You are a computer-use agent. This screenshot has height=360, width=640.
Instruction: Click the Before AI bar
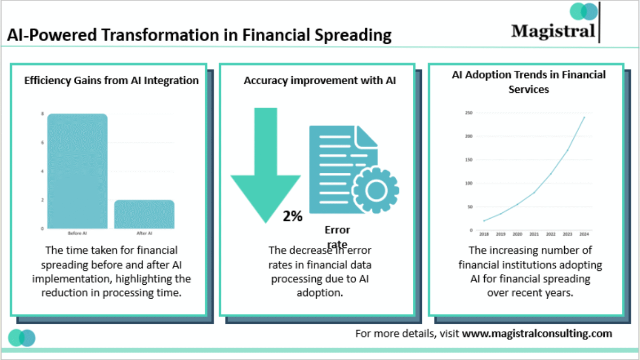coord(77,171)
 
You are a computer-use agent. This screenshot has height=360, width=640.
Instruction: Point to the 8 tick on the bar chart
coord(43,114)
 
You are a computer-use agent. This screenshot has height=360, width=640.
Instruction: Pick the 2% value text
coord(293,216)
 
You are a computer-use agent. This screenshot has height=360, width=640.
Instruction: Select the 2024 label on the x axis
coord(584,234)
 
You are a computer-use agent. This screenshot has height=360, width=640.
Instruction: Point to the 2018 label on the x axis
coord(484,234)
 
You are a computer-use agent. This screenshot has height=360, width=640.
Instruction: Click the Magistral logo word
coord(553,30)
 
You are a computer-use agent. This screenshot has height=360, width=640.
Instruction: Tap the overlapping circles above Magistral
coord(583,11)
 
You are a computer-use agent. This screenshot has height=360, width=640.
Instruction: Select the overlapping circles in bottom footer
coord(22,338)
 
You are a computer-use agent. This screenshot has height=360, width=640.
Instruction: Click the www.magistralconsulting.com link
coord(537,334)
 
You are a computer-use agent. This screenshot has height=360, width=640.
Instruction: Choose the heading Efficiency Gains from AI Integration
coord(111,81)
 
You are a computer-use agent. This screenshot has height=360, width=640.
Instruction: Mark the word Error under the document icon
coord(337,230)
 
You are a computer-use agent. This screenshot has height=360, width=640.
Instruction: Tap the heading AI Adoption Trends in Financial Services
coord(529,82)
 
